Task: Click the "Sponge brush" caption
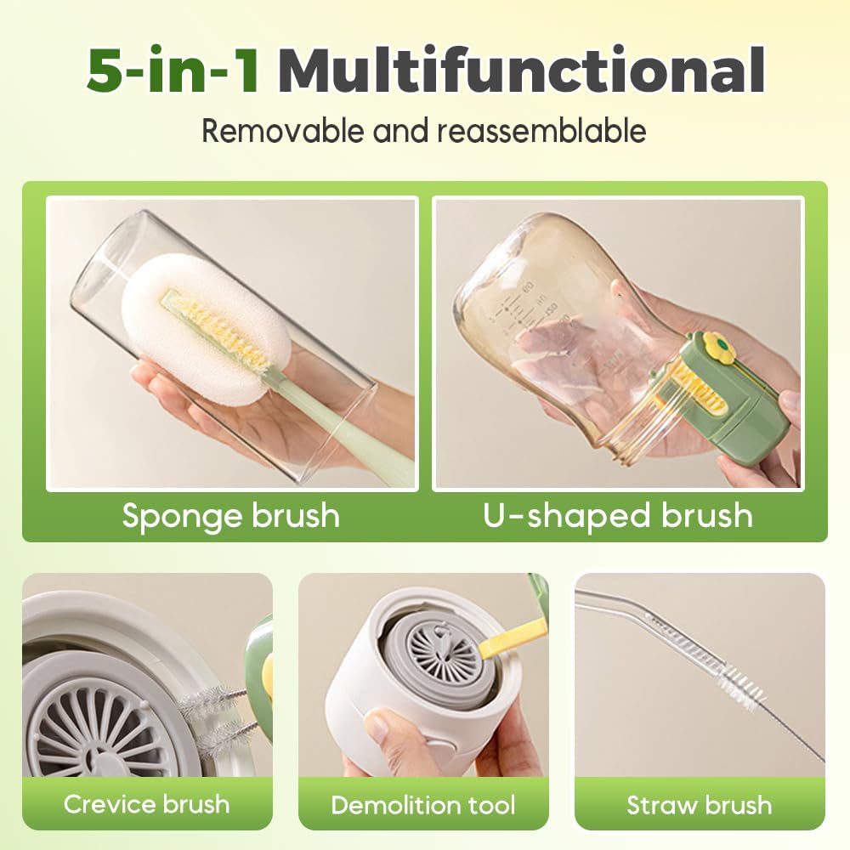230,516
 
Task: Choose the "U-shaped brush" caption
618,516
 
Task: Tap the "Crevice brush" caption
147,803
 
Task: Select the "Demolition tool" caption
423,804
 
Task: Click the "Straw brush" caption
700,804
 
